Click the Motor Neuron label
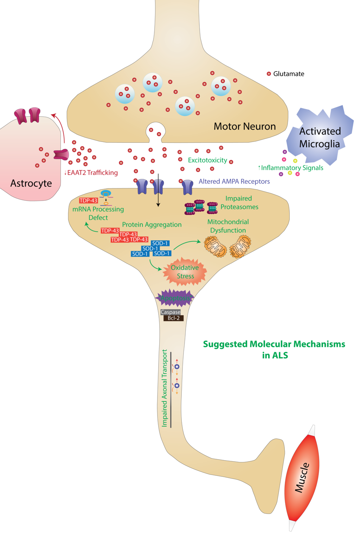pyautogui.click(x=245, y=126)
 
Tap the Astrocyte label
pyautogui.click(x=31, y=183)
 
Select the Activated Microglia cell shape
pyautogui.click(x=320, y=135)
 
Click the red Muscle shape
pyautogui.click(x=302, y=478)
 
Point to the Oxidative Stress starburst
pyautogui.click(x=185, y=272)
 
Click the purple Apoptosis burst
pyautogui.click(x=175, y=298)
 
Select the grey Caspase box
pyautogui.click(x=171, y=312)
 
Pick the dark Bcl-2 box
pyautogui.click(x=173, y=318)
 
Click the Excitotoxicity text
pyautogui.click(x=207, y=160)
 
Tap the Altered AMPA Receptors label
pyautogui.click(x=234, y=181)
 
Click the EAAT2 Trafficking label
pyautogui.click(x=91, y=172)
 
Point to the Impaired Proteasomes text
pyautogui.click(x=239, y=203)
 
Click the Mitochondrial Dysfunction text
pyautogui.click(x=228, y=226)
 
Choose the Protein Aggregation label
pyautogui.click(x=152, y=224)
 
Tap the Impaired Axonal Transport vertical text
pyautogui.click(x=165, y=388)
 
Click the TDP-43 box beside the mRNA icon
pyautogui.click(x=88, y=201)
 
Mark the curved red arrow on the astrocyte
pyautogui.click(x=60, y=126)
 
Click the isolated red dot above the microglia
pyautogui.click(x=269, y=74)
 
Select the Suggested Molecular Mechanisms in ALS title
pyautogui.click(x=274, y=350)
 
